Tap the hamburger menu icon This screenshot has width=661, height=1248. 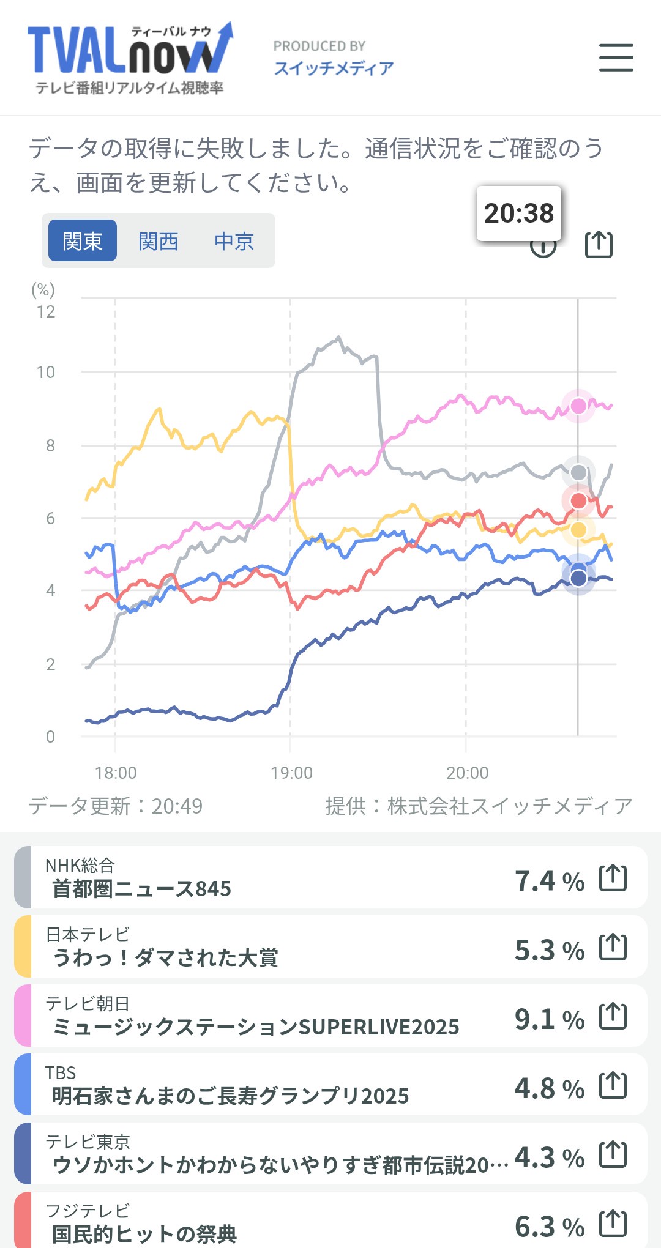tap(616, 58)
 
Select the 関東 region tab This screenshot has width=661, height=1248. tap(83, 241)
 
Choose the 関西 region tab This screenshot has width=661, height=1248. tap(158, 241)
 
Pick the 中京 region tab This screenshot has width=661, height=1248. tap(234, 241)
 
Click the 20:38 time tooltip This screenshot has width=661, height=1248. tap(518, 214)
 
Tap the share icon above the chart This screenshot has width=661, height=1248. tap(599, 244)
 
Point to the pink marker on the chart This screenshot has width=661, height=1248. tap(578, 406)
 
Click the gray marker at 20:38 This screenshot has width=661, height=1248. tap(578, 472)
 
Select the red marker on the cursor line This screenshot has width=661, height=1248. tap(578, 501)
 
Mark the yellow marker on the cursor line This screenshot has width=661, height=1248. tap(578, 530)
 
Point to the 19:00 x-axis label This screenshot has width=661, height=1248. tap(291, 773)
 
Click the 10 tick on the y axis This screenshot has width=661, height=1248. tap(46, 372)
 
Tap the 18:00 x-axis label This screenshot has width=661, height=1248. tap(116, 773)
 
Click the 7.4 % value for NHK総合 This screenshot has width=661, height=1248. tap(549, 881)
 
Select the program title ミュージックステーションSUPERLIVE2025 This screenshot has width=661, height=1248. tap(256, 1027)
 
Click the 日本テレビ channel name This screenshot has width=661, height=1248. tap(88, 934)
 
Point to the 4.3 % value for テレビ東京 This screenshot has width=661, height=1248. tap(549, 1157)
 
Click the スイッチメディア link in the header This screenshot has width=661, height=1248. tap(334, 67)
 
